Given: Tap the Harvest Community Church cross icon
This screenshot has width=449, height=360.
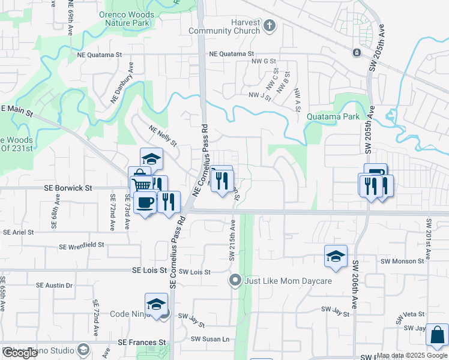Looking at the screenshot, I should (x=269, y=25).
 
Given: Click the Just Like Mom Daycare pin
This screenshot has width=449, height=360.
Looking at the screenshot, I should (x=236, y=280).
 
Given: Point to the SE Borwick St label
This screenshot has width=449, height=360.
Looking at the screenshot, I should (x=68, y=188).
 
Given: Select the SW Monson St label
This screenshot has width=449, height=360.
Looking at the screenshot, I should (x=403, y=261).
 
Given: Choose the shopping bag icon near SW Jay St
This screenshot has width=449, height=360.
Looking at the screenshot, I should (x=437, y=335).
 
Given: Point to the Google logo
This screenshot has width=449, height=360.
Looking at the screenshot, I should (x=19, y=353).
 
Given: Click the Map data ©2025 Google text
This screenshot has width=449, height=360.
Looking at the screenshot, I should (x=412, y=355).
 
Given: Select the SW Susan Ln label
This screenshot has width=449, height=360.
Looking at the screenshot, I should (x=210, y=339).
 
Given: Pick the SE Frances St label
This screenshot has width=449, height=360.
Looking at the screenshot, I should (x=142, y=342).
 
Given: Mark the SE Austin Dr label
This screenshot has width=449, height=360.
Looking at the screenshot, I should (x=54, y=285).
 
